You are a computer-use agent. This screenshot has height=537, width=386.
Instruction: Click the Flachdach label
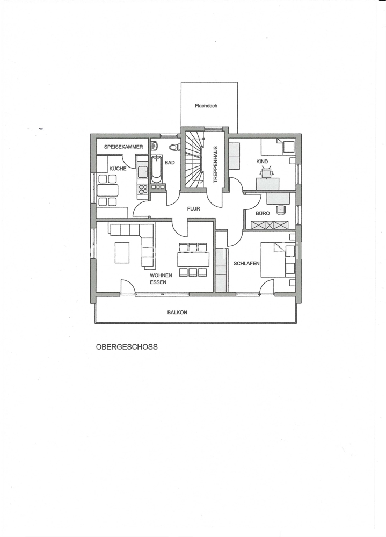pyautogui.click(x=206, y=106)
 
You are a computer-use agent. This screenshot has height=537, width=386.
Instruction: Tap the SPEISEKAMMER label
pyautogui.click(x=123, y=147)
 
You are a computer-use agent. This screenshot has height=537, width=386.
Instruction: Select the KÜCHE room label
pyautogui.click(x=118, y=169)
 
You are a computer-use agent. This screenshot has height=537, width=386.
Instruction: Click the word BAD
pyautogui.click(x=170, y=163)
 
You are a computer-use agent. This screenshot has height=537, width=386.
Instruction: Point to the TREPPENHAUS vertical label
pyautogui.click(x=216, y=165)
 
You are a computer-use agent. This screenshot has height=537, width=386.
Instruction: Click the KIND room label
pyautogui.click(x=263, y=161)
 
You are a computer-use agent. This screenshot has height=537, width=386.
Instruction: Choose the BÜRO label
pyautogui.click(x=263, y=213)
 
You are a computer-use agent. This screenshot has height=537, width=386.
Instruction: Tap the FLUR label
pyautogui.click(x=193, y=208)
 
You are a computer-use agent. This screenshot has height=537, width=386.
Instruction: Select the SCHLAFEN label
pyautogui.click(x=246, y=263)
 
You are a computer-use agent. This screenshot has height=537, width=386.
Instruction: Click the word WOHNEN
pyautogui.click(x=161, y=275)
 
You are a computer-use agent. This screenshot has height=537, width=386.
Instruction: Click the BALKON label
pyautogui.click(x=177, y=313)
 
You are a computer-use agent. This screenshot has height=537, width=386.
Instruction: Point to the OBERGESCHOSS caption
pyautogui.click(x=127, y=346)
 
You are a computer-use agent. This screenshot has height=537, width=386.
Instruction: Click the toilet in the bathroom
pyautogui.click(x=175, y=147)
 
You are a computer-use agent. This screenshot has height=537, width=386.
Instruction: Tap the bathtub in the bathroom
pyautogui.click(x=156, y=169)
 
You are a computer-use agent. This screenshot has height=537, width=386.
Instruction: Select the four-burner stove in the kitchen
pyautogui.click(x=143, y=190)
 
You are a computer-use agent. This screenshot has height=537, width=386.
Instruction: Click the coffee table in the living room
pyautogui.click(x=122, y=252)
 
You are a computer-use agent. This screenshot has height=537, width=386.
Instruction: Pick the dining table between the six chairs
pyautogui.click(x=193, y=259)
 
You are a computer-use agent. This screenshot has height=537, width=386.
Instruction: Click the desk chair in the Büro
pyautogui.click(x=281, y=209)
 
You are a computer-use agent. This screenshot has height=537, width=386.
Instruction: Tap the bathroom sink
pyautogui.click(x=154, y=146)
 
